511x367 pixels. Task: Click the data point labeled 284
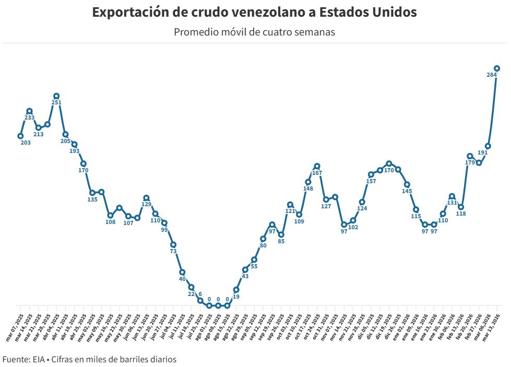[x=497, y=68]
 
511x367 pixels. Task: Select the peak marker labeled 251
[x=56, y=96]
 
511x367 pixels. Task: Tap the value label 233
[x=30, y=118]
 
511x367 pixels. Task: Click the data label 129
[x=146, y=205]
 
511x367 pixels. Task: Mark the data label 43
[x=245, y=276]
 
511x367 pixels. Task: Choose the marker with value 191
[x=488, y=146]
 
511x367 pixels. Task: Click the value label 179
[x=470, y=163]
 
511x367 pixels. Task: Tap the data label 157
[x=371, y=182]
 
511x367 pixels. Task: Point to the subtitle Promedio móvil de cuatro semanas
[x=254, y=32]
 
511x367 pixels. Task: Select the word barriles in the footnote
[x=138, y=359]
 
